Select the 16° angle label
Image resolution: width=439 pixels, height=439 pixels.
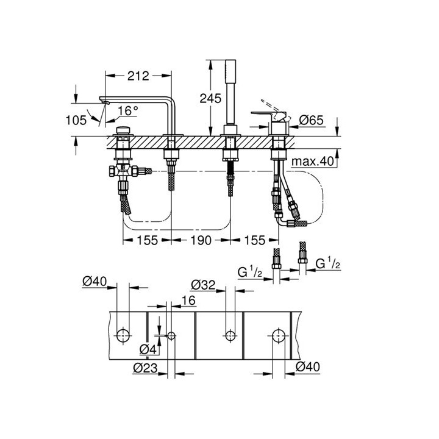[128, 111]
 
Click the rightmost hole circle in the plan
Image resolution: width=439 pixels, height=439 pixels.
[279, 334]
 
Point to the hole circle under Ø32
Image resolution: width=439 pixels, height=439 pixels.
[229, 334]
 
